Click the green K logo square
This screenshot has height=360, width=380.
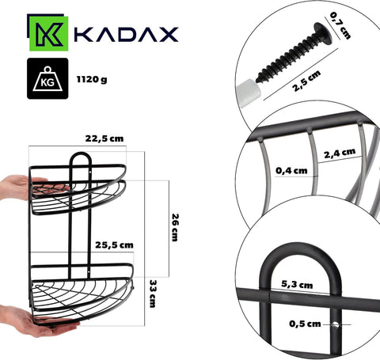49,33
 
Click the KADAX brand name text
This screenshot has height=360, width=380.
127,34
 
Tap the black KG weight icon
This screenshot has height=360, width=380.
47,78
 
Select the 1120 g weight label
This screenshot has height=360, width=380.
92,79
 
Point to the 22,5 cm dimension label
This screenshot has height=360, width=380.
104,138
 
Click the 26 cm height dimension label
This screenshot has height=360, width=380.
175,227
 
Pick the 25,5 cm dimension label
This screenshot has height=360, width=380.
114,245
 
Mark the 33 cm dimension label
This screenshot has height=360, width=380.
153,294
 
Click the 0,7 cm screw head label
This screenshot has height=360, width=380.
340,25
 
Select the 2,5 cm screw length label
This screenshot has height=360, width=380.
307,81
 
